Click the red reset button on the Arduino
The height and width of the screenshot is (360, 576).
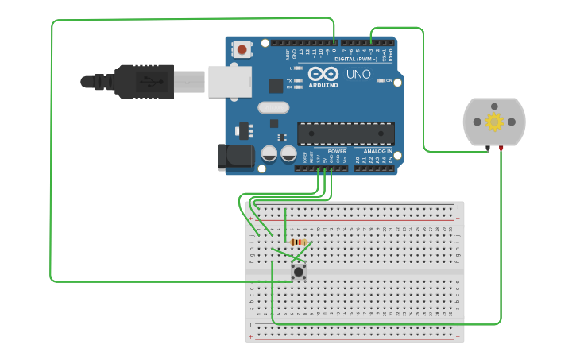pyautogui.click(x=242, y=49)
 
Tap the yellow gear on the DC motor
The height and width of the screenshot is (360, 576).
pyautogui.click(x=494, y=122)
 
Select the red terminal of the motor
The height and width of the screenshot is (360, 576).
pyautogui.click(x=501, y=148)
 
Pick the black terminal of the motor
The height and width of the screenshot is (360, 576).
pyautogui.click(x=488, y=148)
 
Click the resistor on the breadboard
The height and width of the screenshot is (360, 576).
pyautogui.click(x=299, y=242)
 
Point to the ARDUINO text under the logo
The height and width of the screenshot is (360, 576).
pyautogui.click(x=323, y=85)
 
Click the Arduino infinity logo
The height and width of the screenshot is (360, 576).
pyautogui.click(x=323, y=74)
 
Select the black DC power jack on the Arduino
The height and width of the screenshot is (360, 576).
pyautogui.click(x=236, y=157)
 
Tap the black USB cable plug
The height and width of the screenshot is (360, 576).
pyautogui.click(x=143, y=81)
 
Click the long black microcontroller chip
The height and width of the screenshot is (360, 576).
pyautogui.click(x=346, y=134)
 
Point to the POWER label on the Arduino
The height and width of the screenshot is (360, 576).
pyautogui.click(x=337, y=151)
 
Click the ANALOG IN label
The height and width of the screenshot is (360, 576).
pyautogui.click(x=378, y=151)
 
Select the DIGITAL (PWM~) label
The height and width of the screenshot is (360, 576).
pyautogui.click(x=356, y=60)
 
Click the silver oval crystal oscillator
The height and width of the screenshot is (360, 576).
pyautogui.click(x=273, y=107)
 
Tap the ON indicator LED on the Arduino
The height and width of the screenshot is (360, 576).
pyautogui.click(x=381, y=80)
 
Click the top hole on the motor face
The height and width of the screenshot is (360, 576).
pyautogui.click(x=494, y=106)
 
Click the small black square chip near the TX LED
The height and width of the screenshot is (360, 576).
pyautogui.click(x=276, y=86)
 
